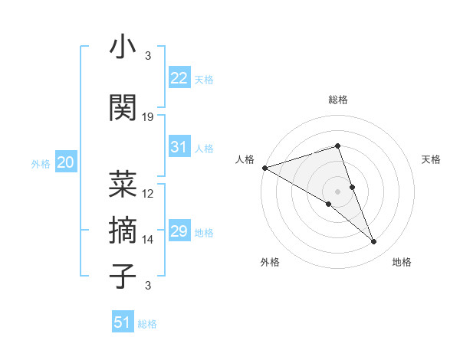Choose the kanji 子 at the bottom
coord(123,276)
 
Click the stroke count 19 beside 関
coord(148,117)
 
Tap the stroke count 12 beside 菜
coord(148,194)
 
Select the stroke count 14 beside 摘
coord(148,240)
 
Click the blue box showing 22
coord(179,78)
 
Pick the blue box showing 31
coord(179,147)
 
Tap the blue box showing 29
coord(179,231)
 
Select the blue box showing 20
coord(66,162)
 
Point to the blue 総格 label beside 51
coord(147,324)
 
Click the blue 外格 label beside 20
coord(41,164)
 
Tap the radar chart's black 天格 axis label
coord(432,159)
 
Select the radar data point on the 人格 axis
coord(264,167)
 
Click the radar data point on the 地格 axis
coord(374,242)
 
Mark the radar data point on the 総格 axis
coord(337,146)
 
